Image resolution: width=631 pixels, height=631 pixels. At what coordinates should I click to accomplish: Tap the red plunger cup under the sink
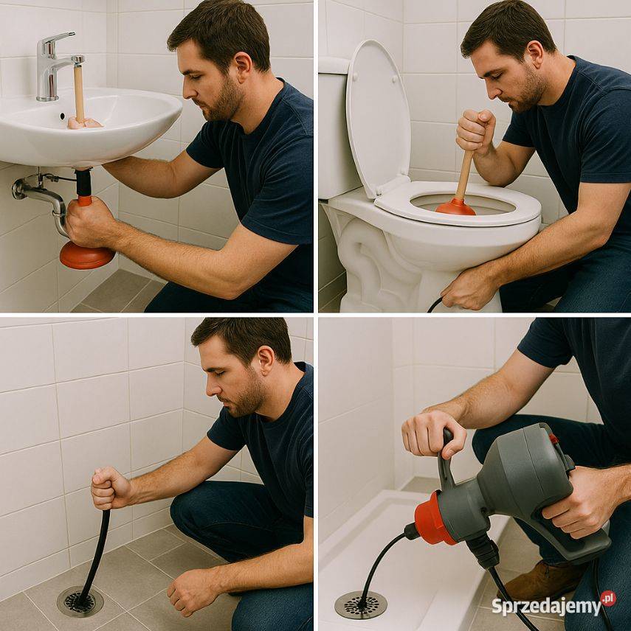86,257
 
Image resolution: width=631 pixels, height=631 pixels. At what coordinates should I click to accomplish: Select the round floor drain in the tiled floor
80,602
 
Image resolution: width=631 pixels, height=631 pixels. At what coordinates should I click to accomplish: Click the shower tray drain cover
361,604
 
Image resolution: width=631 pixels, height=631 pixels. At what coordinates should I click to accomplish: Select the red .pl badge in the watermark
608,599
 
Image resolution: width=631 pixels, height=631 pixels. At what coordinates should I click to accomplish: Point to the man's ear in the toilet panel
536,57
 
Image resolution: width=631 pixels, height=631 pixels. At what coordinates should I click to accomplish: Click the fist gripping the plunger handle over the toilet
475,130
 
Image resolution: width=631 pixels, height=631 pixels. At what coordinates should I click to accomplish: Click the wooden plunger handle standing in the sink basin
79,94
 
